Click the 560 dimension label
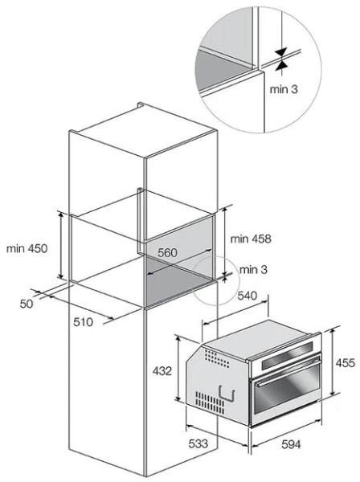[168, 253]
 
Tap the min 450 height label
[27, 248]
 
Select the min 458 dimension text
[251, 239]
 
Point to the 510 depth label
[83, 322]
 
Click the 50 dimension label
[27, 304]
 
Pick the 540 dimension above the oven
[247, 296]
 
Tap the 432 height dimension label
[162, 371]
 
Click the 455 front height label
[346, 363]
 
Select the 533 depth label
[198, 443]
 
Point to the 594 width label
[291, 444]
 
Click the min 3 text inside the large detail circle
[284, 89]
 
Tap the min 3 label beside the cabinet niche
[253, 270]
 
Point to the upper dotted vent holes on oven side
[217, 359]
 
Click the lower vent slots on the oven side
[210, 402]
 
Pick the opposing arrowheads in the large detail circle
[281, 59]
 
